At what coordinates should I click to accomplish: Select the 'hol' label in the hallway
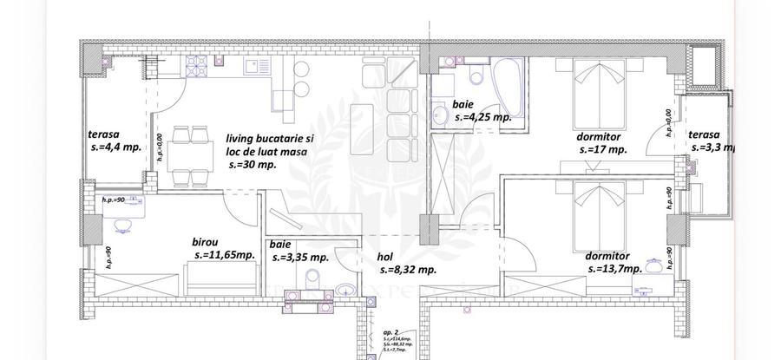pos(385,257)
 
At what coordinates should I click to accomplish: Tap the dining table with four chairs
pos(190,155)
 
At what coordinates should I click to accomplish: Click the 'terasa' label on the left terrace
pos(102,134)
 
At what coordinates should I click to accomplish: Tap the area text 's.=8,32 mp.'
pos(406,270)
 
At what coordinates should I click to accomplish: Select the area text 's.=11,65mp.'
pos(224,256)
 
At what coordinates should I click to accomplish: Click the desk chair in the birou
pos(122,225)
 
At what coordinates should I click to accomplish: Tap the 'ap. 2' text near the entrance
pos(390,332)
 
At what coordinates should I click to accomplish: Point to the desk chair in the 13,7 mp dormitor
pos(665,259)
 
